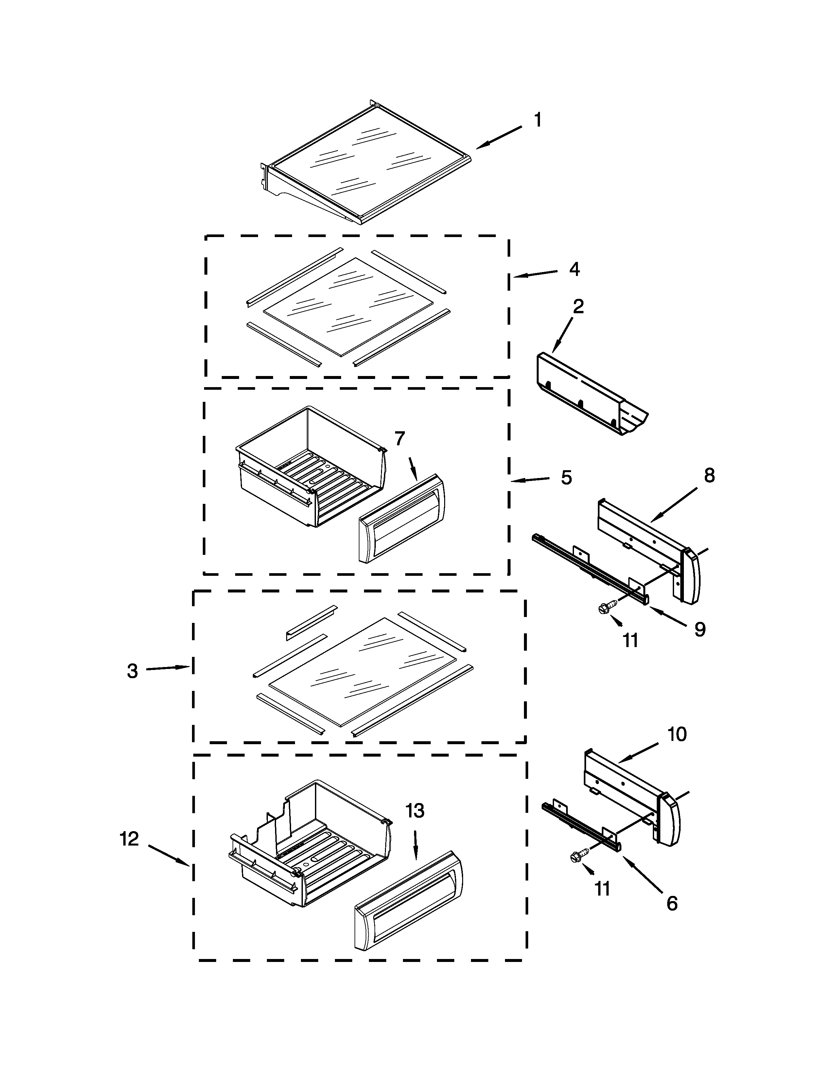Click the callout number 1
tap(538, 120)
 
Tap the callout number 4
tap(574, 269)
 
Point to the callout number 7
tap(400, 438)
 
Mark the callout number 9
tap(700, 629)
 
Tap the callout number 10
tap(677, 735)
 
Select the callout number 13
tap(415, 811)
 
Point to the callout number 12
tap(130, 839)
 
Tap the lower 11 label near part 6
tap(602, 889)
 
